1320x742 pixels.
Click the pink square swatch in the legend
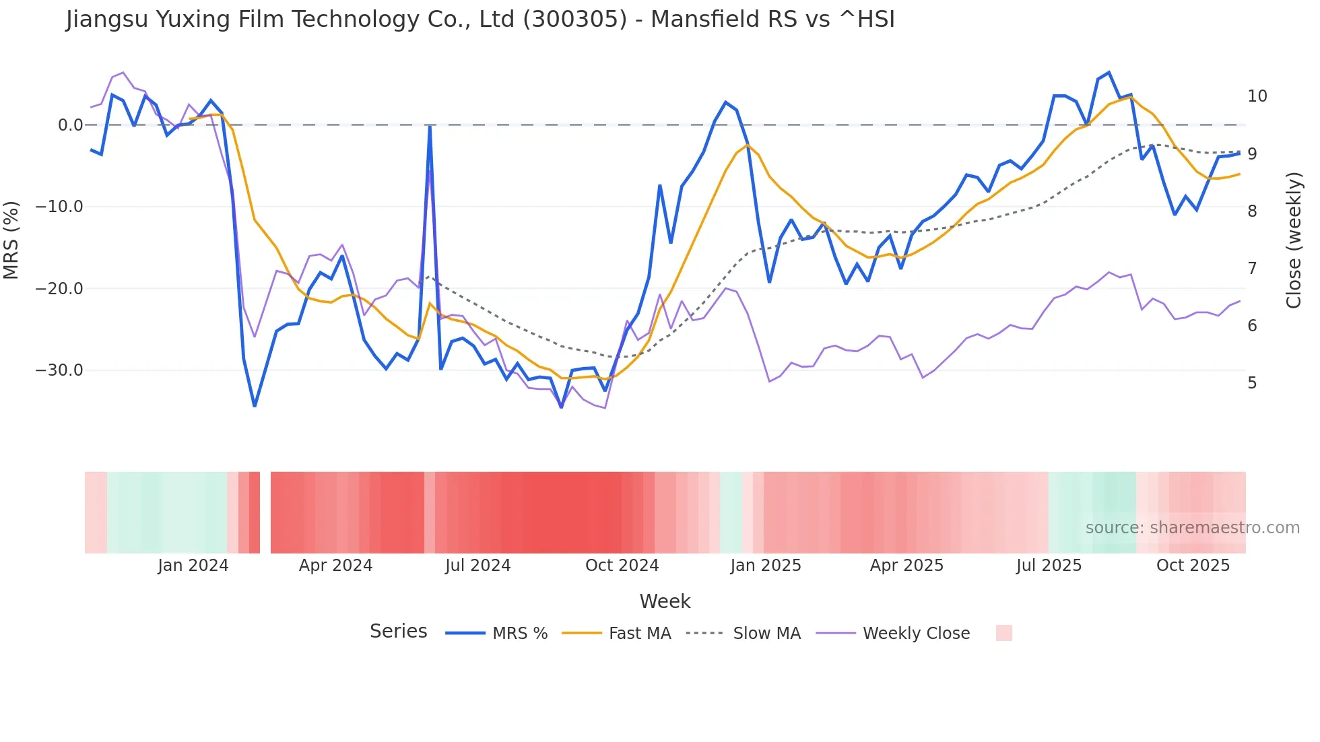coord(1003,633)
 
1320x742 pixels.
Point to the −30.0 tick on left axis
coord(59,370)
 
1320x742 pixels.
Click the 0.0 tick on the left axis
coord(70,125)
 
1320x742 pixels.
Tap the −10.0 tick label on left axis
coord(59,207)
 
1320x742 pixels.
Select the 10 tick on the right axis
coord(1257,96)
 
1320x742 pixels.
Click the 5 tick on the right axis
coord(1252,383)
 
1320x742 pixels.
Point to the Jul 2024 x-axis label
coord(477,566)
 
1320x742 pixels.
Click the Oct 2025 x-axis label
coord(1193,566)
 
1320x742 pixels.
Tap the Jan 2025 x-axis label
coord(765,566)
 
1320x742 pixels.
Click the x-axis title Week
coord(665,601)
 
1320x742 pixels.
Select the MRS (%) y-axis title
coord(11,240)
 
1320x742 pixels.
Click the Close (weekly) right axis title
coord(1294,240)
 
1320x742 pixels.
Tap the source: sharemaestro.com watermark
coord(1192,528)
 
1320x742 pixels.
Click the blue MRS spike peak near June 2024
coord(430,127)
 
